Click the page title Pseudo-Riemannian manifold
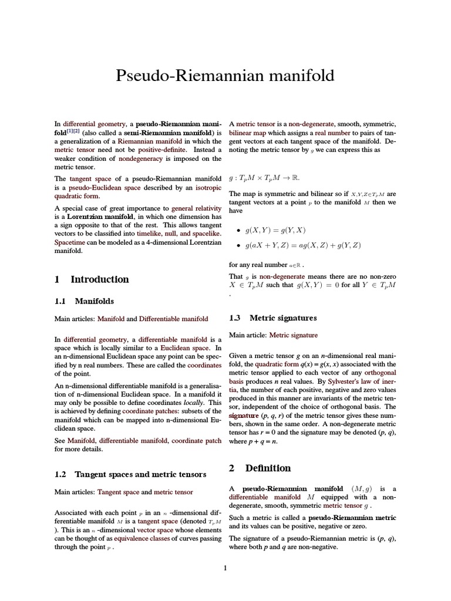coord(225,76)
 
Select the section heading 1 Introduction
coord(92,279)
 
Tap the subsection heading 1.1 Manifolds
coord(85,301)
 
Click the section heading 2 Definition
coord(260,468)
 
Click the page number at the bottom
coord(225,568)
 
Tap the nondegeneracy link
coord(146,158)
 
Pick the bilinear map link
coord(248,133)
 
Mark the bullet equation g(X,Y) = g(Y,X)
coord(275,231)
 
